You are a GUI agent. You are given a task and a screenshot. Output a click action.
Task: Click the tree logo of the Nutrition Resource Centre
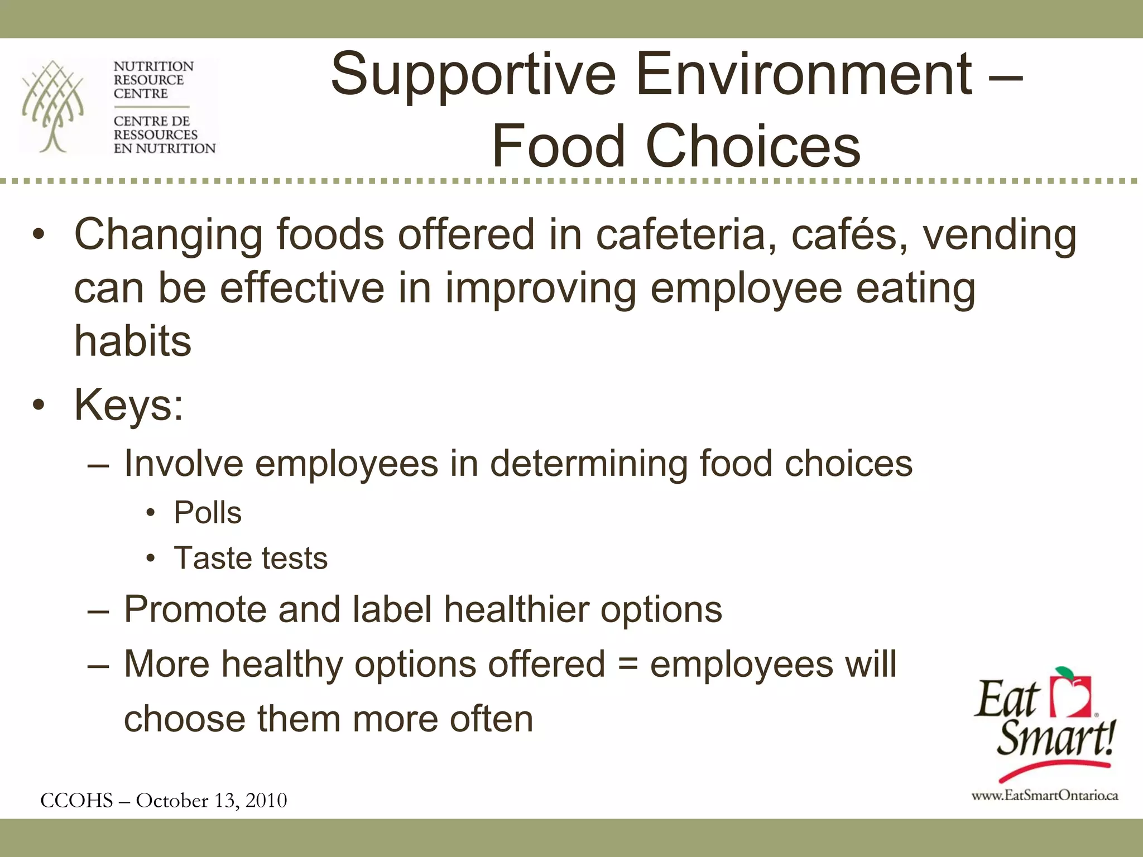(x=53, y=106)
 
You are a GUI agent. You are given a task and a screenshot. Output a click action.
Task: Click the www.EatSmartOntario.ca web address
(x=1044, y=796)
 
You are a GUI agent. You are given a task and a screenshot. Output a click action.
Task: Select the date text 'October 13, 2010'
(x=212, y=800)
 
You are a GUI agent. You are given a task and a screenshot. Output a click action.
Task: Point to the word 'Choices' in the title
(x=753, y=146)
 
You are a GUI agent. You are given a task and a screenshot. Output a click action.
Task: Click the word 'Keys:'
(x=129, y=405)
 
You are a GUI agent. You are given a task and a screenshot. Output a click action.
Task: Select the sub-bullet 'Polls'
(x=208, y=512)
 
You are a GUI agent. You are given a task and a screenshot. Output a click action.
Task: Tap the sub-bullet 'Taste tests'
(x=251, y=558)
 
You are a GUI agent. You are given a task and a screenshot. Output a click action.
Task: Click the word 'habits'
(x=133, y=341)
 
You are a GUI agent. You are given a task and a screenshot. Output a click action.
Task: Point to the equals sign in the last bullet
(x=628, y=664)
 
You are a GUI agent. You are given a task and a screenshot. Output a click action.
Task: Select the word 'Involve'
(x=184, y=463)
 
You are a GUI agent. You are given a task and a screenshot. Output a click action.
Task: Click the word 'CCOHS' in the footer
(x=77, y=800)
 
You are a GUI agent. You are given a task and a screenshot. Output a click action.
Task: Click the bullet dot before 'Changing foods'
(x=38, y=235)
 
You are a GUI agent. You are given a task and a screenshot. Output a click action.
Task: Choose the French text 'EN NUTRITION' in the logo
(x=164, y=148)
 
